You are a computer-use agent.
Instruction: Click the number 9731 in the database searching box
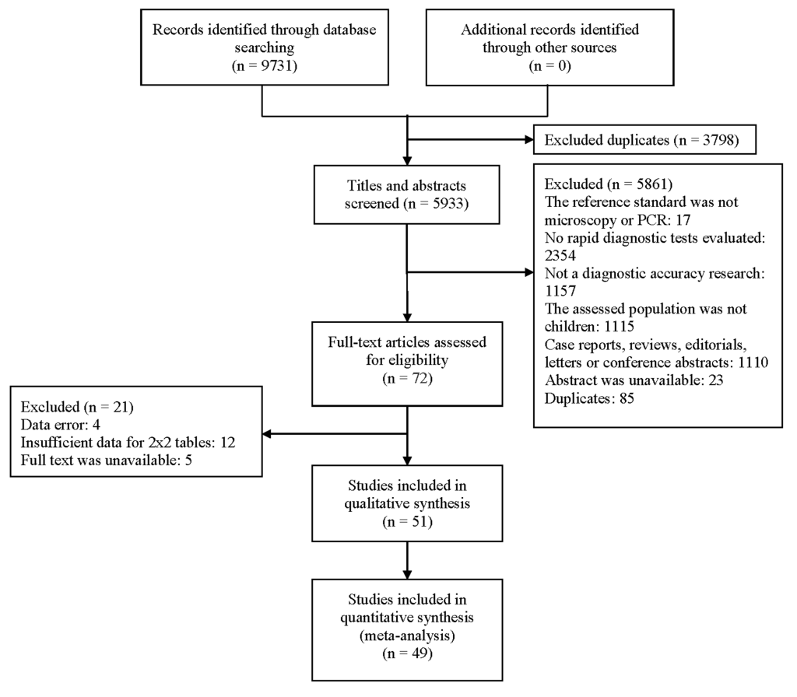(276, 65)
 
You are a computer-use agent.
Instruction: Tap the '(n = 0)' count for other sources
(549, 65)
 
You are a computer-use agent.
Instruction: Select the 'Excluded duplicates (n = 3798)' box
(644, 140)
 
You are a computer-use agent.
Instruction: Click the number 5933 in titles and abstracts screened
(448, 203)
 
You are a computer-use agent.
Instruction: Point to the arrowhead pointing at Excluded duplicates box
(528, 140)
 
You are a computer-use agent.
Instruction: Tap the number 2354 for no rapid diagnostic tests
(560, 255)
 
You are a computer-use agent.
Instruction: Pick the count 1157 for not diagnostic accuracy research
(560, 291)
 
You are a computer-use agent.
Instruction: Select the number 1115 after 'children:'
(619, 326)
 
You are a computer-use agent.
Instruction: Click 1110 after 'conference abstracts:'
(753, 363)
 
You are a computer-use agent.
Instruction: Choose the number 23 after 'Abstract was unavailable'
(716, 380)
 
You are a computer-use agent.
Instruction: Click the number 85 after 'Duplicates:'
(627, 398)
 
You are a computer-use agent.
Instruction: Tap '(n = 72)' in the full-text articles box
(407, 378)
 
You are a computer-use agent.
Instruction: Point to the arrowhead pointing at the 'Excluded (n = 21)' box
(268, 434)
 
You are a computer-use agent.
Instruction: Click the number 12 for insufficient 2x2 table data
(228, 443)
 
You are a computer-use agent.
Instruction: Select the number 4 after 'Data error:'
(96, 425)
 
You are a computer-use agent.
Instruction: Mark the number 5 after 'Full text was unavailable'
(188, 461)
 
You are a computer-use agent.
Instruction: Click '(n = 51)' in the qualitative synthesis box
(407, 521)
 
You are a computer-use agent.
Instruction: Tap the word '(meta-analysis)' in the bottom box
(407, 635)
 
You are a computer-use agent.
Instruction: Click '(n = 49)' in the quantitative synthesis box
(407, 653)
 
